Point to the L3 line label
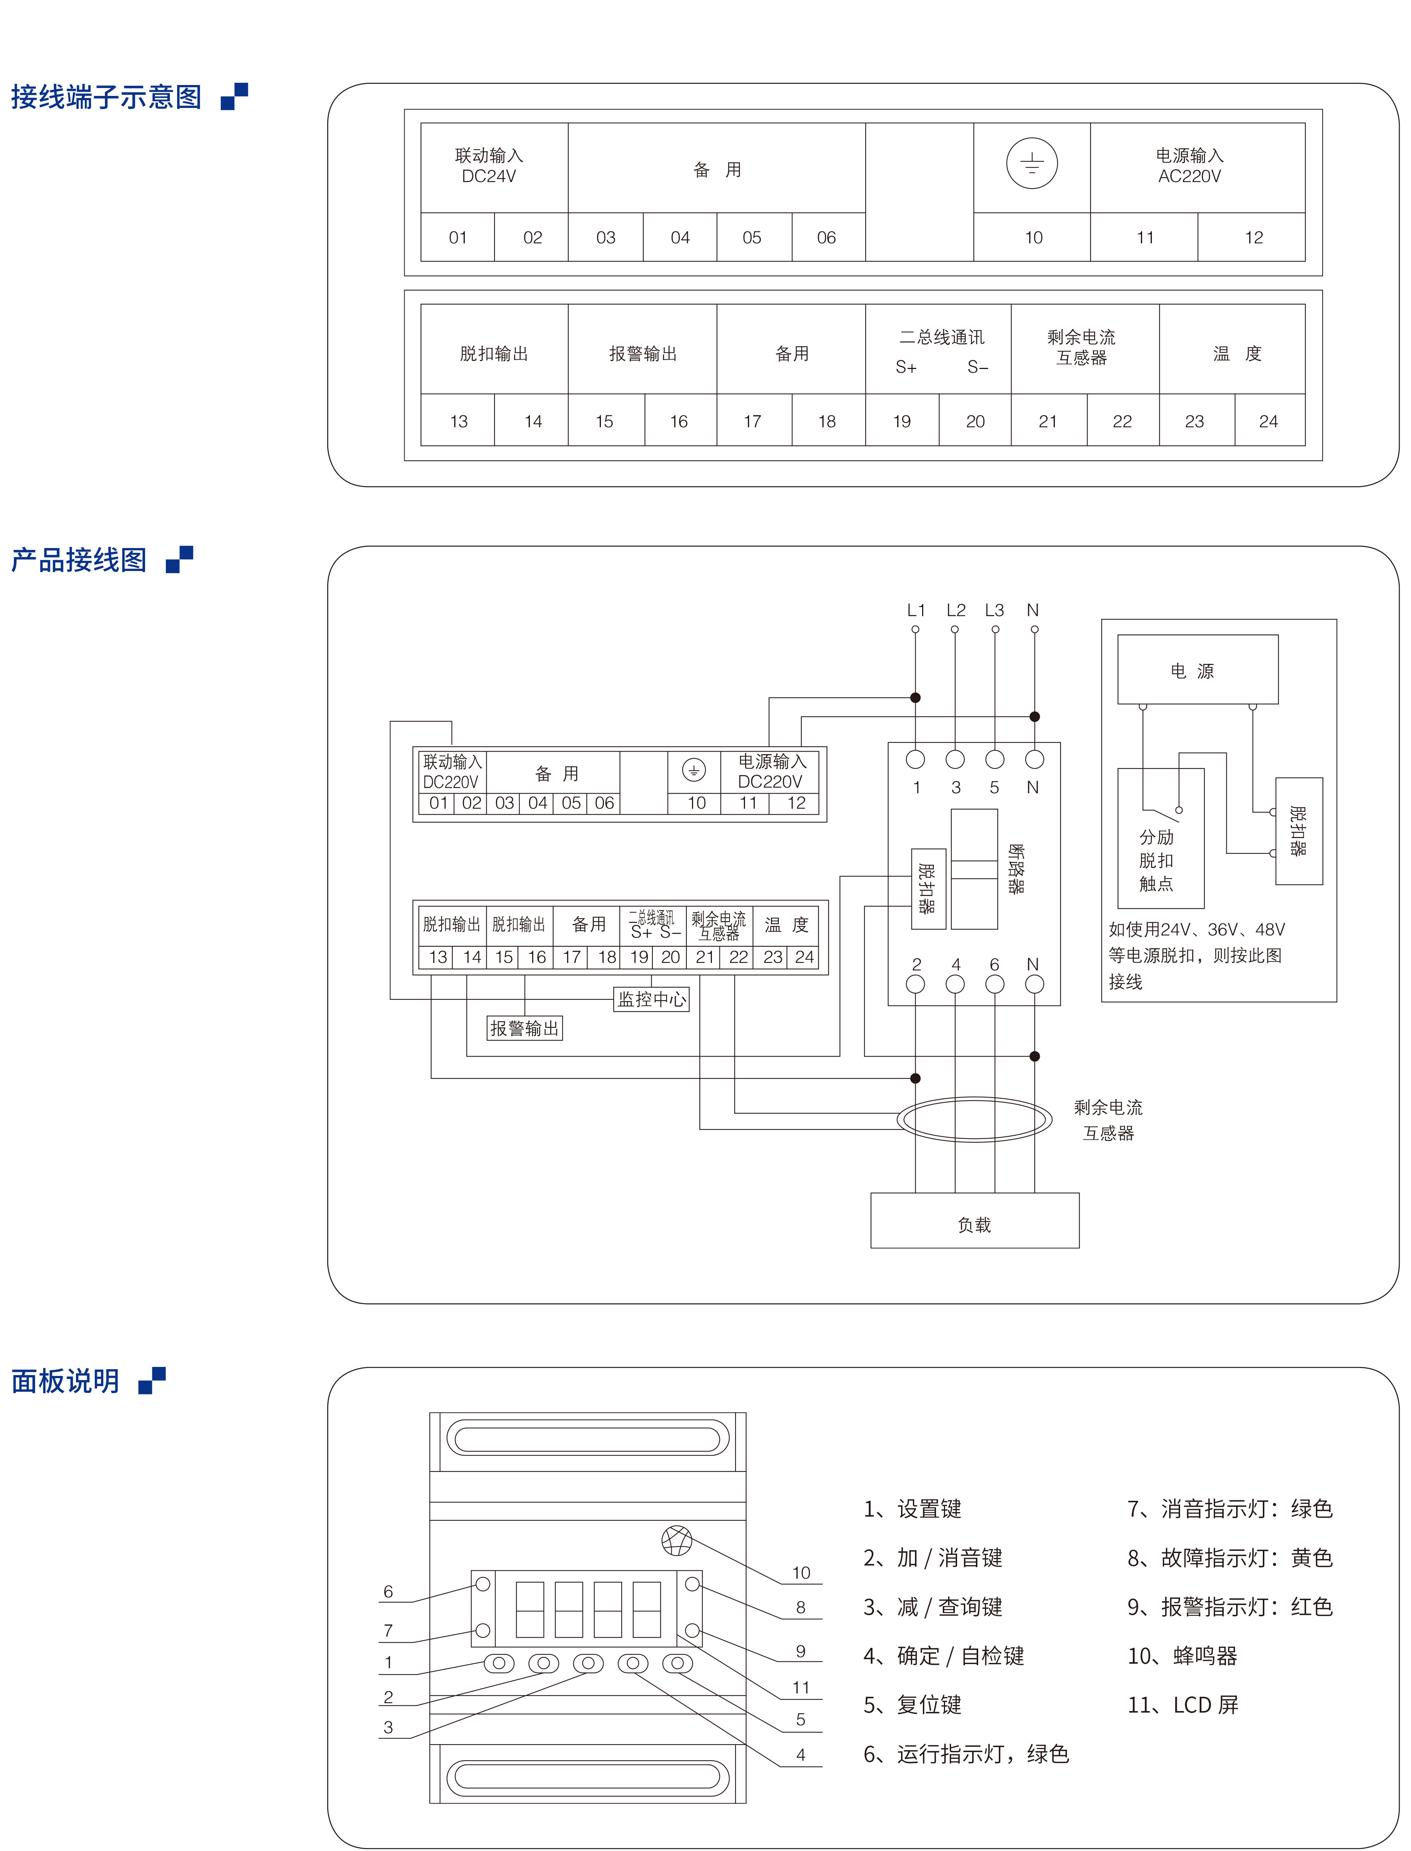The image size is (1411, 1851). pyautogui.click(x=994, y=610)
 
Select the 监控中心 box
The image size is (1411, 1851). pyautogui.click(x=652, y=999)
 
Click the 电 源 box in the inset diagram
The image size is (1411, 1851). pyautogui.click(x=1198, y=670)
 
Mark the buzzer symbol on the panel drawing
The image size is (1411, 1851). pyautogui.click(x=677, y=1540)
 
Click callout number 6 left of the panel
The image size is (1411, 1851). pyautogui.click(x=388, y=1591)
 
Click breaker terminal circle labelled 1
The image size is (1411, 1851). pyautogui.click(x=915, y=759)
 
